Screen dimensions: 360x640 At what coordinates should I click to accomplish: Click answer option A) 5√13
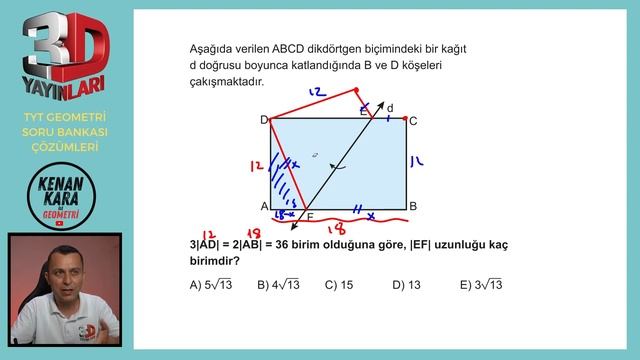point(213,285)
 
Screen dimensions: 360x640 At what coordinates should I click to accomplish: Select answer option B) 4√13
point(279,285)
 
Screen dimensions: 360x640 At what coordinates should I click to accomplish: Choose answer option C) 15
point(339,285)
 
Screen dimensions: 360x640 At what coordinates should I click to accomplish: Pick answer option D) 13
point(406,285)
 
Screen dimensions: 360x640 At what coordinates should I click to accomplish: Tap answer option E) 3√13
point(481,285)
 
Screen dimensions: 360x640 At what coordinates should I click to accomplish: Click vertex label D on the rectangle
point(264,120)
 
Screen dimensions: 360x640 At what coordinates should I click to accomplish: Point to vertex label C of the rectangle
point(413,121)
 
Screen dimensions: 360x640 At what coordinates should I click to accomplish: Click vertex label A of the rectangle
point(264,206)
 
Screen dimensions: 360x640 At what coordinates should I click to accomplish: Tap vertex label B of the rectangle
point(413,206)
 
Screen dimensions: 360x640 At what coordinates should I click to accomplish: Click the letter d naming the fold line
point(390,108)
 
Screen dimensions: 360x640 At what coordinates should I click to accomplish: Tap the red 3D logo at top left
point(64,49)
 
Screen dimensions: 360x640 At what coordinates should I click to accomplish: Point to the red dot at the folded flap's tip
point(357,90)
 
